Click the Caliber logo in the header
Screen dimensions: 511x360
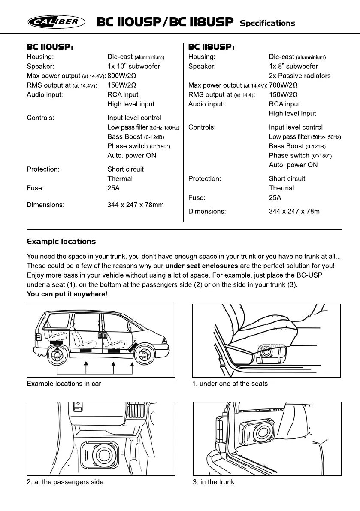coord(57,22)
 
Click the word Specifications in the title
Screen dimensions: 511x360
coord(267,23)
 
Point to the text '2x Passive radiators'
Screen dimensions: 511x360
coord(299,76)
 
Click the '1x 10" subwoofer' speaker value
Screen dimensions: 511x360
coord(133,66)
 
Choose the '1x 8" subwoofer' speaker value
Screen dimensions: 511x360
coord(293,66)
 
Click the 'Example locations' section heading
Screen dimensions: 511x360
coord(61,242)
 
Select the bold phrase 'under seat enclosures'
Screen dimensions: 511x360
coord(201,266)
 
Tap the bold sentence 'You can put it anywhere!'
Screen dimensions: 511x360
coord(67,294)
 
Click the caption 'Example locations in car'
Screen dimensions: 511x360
coord(64,384)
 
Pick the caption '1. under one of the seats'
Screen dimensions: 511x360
coord(230,384)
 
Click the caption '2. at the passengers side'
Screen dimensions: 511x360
coord(65,482)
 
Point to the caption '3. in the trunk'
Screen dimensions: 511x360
coord(214,482)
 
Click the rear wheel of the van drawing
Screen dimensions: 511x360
coord(56,355)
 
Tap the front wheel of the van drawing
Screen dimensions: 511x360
coord(144,355)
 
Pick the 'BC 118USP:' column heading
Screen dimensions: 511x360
coord(212,47)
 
